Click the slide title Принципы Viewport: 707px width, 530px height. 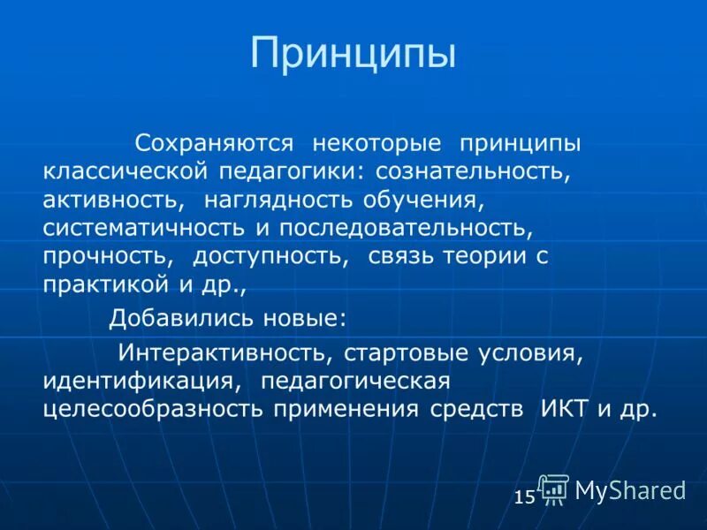click(x=353, y=53)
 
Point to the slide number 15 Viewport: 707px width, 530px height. click(x=523, y=497)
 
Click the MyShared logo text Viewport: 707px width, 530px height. click(x=629, y=490)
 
